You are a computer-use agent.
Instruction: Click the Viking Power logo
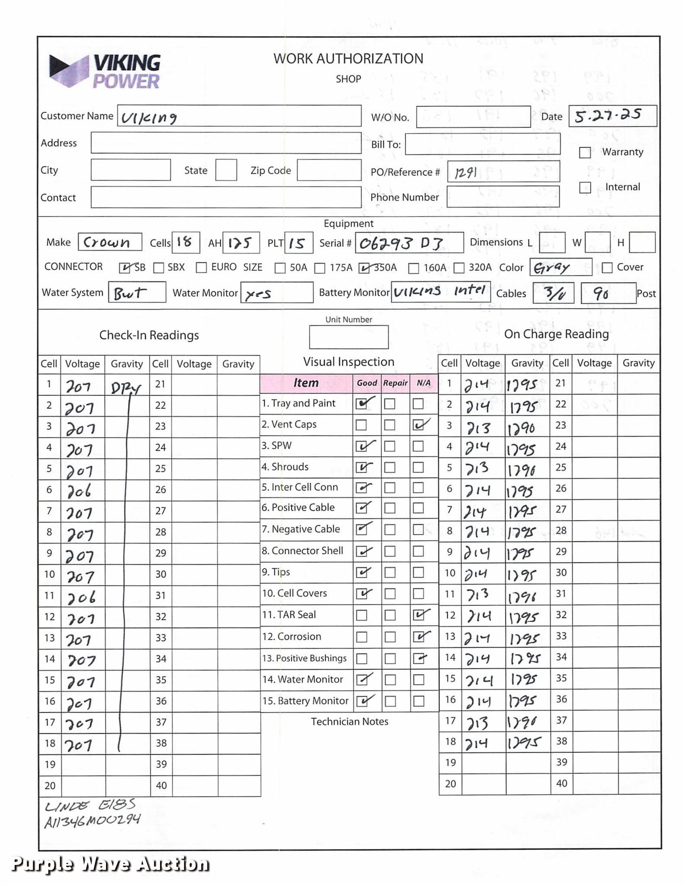click(x=105, y=71)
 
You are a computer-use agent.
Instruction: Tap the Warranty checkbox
click(x=585, y=153)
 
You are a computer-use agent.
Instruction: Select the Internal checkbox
click(x=585, y=188)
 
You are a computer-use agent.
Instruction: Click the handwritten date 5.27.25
click(x=608, y=116)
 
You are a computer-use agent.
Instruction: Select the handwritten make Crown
click(x=106, y=242)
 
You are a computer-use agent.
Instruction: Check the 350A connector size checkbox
click(x=364, y=268)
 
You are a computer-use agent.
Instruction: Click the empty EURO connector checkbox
click(x=201, y=268)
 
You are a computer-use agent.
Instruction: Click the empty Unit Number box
click(x=349, y=337)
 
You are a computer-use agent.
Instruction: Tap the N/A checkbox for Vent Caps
click(x=418, y=425)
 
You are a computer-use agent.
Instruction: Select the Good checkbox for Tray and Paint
click(x=362, y=404)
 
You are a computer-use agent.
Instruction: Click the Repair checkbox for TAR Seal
click(x=390, y=615)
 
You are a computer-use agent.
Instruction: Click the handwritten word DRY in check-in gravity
click(x=125, y=388)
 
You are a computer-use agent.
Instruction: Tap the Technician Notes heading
click(x=349, y=721)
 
